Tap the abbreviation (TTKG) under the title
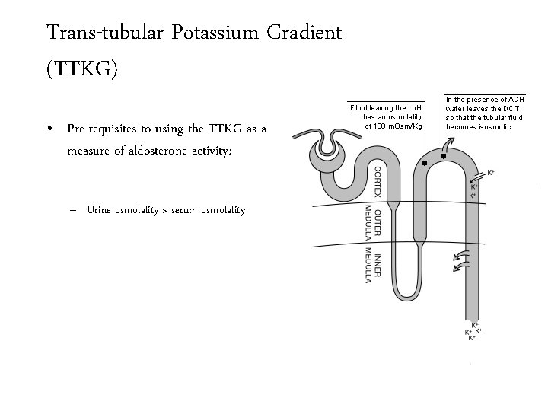click(82, 70)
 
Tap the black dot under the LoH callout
click(423, 164)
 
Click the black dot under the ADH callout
click(444, 156)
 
